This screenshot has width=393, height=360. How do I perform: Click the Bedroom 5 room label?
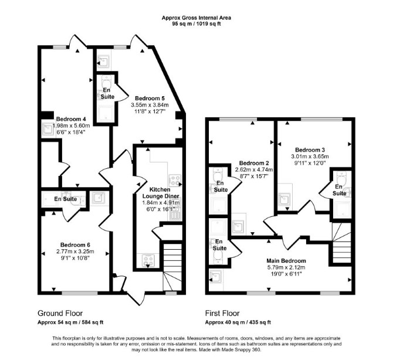point(150,98)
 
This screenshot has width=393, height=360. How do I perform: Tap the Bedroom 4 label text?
point(69,119)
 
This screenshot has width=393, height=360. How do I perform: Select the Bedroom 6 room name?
point(75,244)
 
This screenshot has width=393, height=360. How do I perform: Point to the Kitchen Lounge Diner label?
point(160,193)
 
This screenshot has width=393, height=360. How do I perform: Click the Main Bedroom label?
point(286,261)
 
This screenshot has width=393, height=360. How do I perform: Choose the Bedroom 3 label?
point(310,150)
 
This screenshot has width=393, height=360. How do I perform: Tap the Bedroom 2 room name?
point(254,163)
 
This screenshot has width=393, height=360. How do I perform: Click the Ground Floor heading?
point(60,313)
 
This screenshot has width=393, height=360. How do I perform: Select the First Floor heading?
point(222,313)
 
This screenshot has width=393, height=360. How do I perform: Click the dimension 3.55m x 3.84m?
point(150,105)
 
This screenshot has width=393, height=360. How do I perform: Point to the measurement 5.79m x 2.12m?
point(286,267)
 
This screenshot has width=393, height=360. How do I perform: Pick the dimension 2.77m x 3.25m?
point(75,252)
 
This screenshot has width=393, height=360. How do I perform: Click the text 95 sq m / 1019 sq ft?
point(196,24)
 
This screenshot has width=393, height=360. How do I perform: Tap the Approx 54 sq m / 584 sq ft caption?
point(70,322)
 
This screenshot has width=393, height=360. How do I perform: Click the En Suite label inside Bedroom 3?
point(340,190)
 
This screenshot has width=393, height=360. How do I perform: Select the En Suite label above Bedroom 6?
point(66,199)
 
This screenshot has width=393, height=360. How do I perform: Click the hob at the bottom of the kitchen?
point(148,260)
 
